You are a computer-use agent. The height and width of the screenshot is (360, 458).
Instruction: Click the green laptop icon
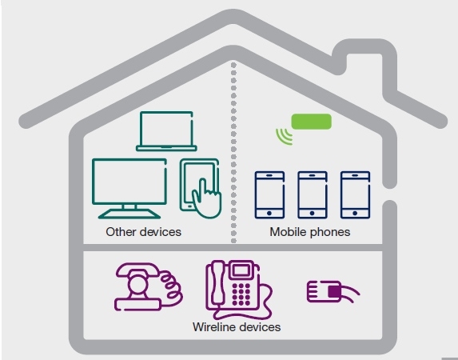[166, 131]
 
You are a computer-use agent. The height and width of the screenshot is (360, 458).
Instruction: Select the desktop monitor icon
[129, 188]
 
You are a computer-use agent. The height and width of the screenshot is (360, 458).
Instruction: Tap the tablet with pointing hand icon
[201, 188]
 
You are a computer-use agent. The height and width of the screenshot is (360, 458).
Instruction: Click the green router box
[312, 122]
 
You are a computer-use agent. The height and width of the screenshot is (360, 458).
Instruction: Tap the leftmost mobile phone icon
[269, 194]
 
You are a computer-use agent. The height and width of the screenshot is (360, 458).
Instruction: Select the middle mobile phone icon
[313, 194]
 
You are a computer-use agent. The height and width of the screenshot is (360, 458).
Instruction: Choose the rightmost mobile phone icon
[355, 194]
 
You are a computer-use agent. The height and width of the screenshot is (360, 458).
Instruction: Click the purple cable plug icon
[333, 292]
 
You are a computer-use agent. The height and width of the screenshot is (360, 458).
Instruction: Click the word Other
[121, 232]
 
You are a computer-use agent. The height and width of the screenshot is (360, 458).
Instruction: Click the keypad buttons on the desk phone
[241, 294]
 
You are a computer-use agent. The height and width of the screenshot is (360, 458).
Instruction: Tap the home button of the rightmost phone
[355, 213]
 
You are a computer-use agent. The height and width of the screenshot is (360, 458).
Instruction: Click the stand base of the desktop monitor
[129, 214]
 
